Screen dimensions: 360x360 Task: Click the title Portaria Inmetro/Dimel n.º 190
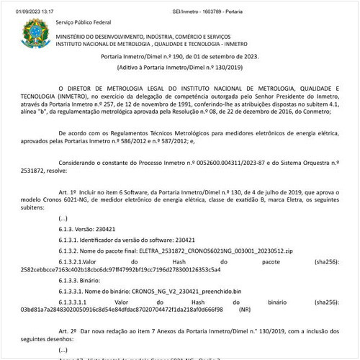[x=179, y=55]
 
